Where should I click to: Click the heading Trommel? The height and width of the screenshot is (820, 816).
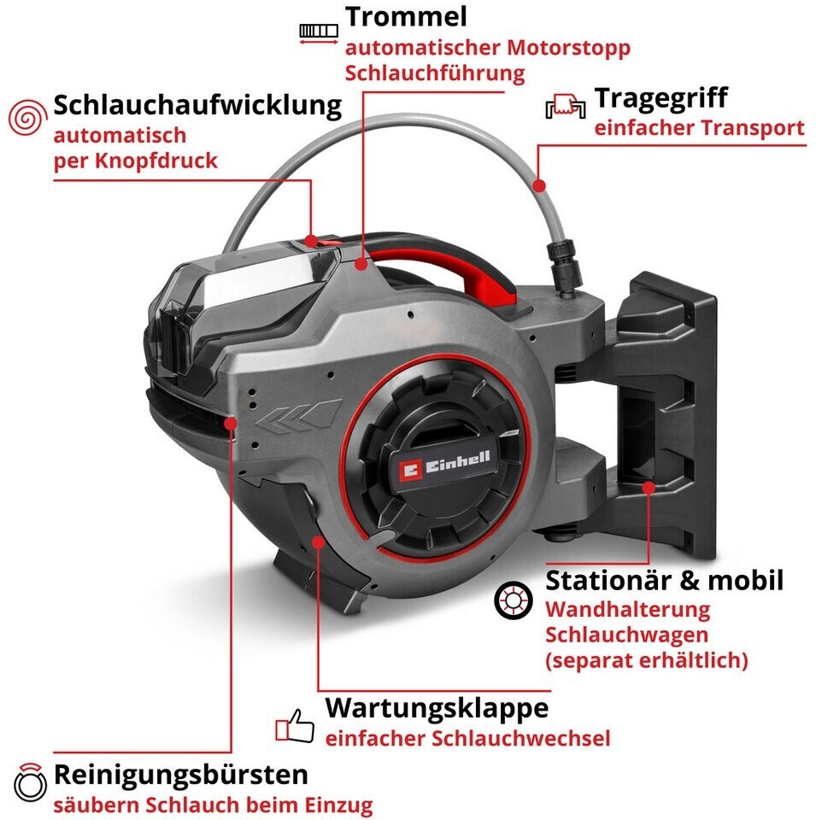coord(406,17)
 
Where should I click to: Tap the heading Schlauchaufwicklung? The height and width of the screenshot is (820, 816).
coord(197,106)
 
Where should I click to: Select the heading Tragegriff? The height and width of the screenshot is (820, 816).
coord(660,97)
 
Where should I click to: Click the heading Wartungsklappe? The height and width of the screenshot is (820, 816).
coord(437,708)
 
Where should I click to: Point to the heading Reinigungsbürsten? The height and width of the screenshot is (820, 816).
coord(180,775)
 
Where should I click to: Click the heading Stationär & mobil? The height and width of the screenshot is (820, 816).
coord(664,581)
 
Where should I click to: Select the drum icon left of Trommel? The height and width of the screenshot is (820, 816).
coord(319,31)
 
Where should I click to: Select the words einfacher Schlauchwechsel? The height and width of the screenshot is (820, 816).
coord(467,738)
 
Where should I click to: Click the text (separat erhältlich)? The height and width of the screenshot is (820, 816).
coord(646,660)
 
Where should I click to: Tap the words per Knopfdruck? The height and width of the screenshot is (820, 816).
coord(135,161)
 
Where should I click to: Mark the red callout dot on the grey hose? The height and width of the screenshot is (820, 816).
coord(538,184)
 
